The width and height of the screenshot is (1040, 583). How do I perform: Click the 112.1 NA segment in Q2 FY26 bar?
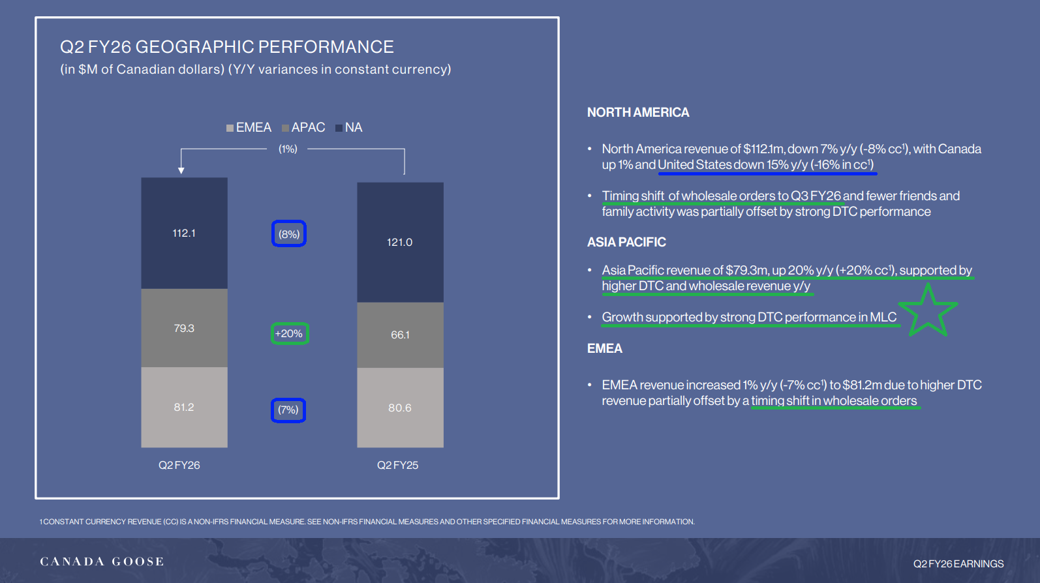[185, 233]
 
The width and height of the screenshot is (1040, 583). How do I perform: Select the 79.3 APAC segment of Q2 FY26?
[185, 328]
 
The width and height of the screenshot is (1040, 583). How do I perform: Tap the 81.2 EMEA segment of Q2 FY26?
[185, 407]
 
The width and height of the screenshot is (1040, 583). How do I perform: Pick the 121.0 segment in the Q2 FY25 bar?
[400, 243]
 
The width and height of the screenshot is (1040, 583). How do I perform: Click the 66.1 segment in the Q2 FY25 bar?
[400, 335]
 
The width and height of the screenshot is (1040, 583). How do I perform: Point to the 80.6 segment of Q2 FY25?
[400, 408]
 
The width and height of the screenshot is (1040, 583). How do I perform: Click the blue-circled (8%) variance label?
[289, 234]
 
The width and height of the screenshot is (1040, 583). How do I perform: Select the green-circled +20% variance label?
[289, 333]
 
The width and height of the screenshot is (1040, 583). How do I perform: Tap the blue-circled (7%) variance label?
[288, 410]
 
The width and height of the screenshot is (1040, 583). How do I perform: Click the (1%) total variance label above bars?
[288, 149]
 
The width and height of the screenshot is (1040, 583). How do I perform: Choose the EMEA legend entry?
[249, 128]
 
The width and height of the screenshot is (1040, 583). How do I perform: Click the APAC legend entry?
[303, 128]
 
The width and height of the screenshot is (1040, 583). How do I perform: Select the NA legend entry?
[348, 128]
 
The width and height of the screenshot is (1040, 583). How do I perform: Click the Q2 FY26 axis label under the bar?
[179, 465]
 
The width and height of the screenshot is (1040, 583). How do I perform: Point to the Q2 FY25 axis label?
[398, 465]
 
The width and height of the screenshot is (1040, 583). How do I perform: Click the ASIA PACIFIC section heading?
[626, 243]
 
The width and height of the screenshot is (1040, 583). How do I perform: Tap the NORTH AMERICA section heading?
[638, 112]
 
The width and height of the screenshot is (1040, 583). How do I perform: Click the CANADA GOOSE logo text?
[102, 561]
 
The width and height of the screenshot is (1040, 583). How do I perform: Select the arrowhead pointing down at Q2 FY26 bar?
[181, 170]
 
